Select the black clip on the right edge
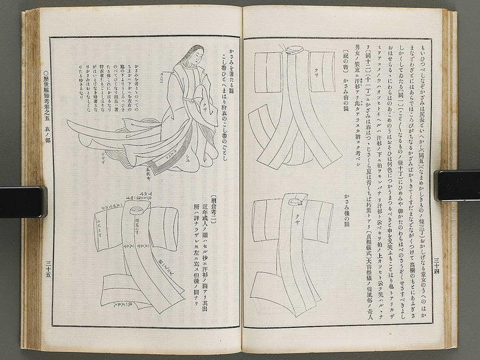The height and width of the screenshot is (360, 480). pyautogui.click(x=457, y=185)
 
